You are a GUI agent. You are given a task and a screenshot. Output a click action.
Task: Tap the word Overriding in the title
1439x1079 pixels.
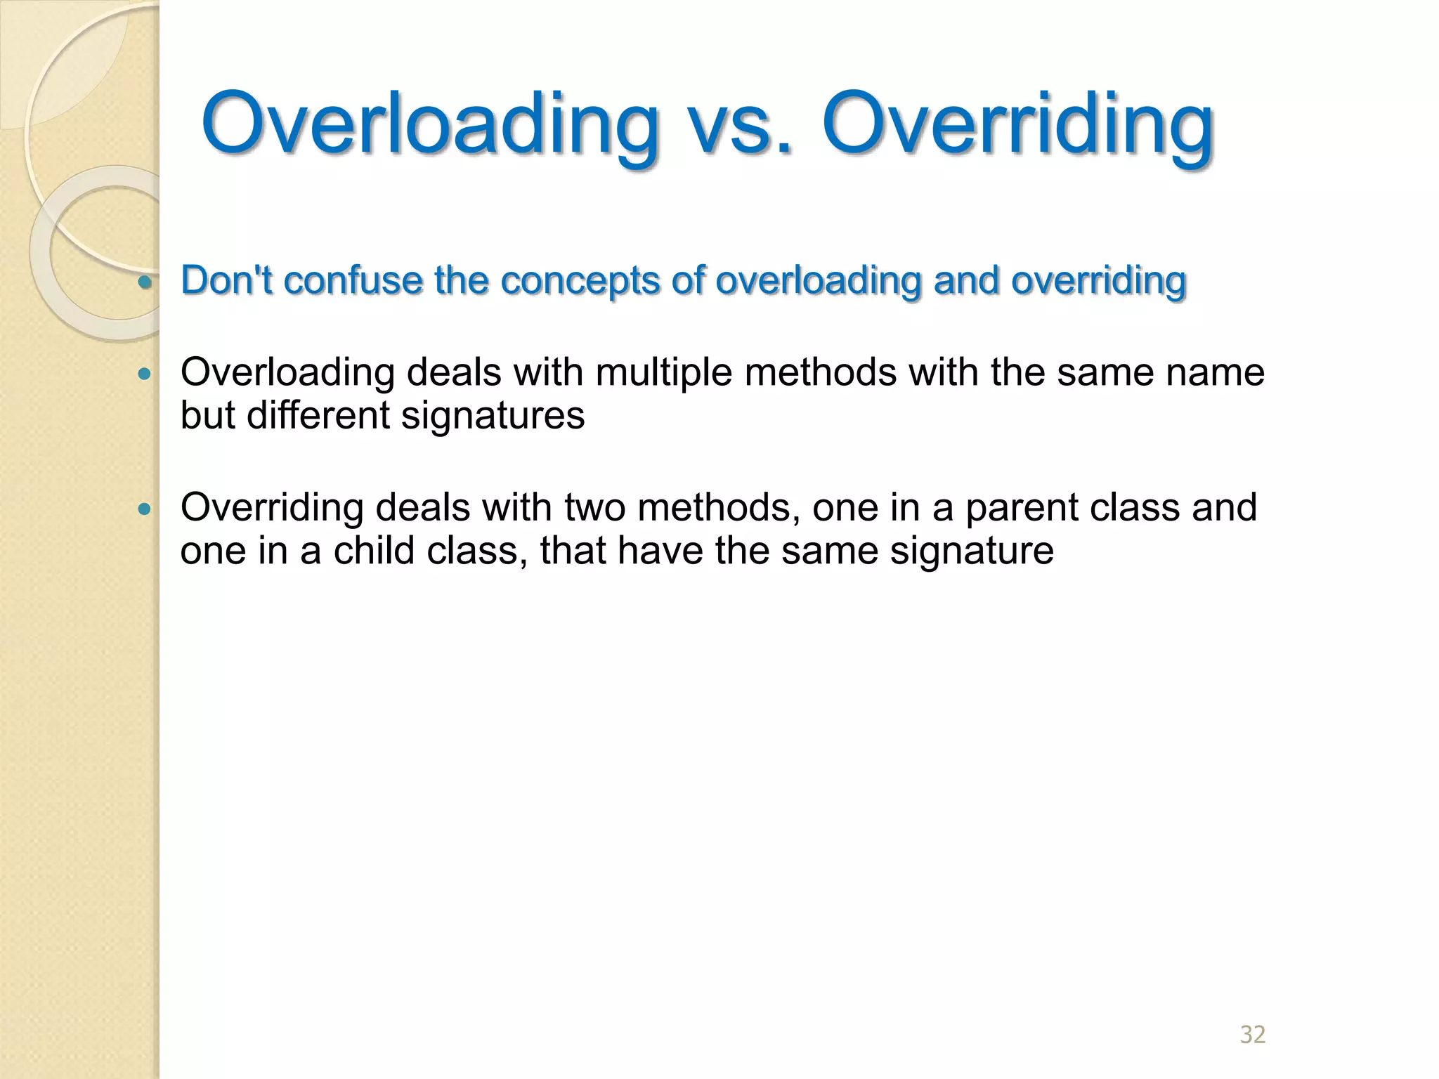1017,124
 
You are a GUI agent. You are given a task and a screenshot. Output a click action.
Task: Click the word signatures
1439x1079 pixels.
493,415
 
